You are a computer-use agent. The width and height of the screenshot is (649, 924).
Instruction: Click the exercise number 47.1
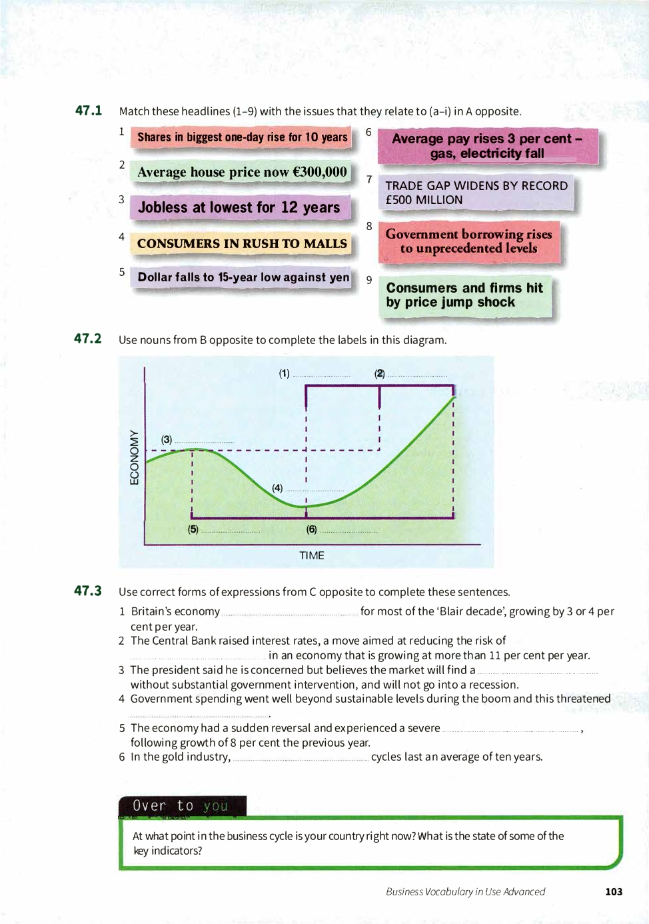coord(88,111)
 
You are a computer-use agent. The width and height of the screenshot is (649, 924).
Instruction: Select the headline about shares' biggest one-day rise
coord(242,137)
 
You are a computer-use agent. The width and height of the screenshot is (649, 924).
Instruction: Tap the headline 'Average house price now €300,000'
coord(242,172)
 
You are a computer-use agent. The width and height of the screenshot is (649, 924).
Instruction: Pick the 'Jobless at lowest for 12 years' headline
coord(239,207)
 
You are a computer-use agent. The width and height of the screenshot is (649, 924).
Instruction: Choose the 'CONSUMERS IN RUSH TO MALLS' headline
coord(242,243)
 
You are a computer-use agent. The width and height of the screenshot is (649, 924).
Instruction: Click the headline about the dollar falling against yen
coord(243,277)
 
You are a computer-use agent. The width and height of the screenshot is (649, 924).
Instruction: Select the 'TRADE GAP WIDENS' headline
coord(476,193)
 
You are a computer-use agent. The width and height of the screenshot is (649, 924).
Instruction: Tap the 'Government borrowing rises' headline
coord(468,241)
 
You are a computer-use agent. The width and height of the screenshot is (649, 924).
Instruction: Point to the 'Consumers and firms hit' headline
coord(464,295)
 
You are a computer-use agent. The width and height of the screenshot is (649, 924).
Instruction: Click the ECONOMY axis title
coord(135,457)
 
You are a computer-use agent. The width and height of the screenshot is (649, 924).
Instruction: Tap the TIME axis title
coord(311,555)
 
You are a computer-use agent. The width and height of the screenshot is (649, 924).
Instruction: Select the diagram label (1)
coord(285,373)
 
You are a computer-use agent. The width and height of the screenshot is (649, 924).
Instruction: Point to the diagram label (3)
coord(167,439)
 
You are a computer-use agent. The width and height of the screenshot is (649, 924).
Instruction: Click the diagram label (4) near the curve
coord(277,488)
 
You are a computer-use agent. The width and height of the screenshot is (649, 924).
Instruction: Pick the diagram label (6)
coord(311,529)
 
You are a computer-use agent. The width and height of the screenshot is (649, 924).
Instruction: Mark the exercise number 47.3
coord(88,591)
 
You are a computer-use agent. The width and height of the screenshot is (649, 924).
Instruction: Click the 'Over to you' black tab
coord(182,805)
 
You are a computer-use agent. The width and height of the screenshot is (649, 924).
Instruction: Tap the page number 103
coord(614,891)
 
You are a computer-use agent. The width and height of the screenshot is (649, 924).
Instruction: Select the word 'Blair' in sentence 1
coord(452,611)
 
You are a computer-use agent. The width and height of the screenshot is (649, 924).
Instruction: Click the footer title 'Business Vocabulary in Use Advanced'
coord(465,891)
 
